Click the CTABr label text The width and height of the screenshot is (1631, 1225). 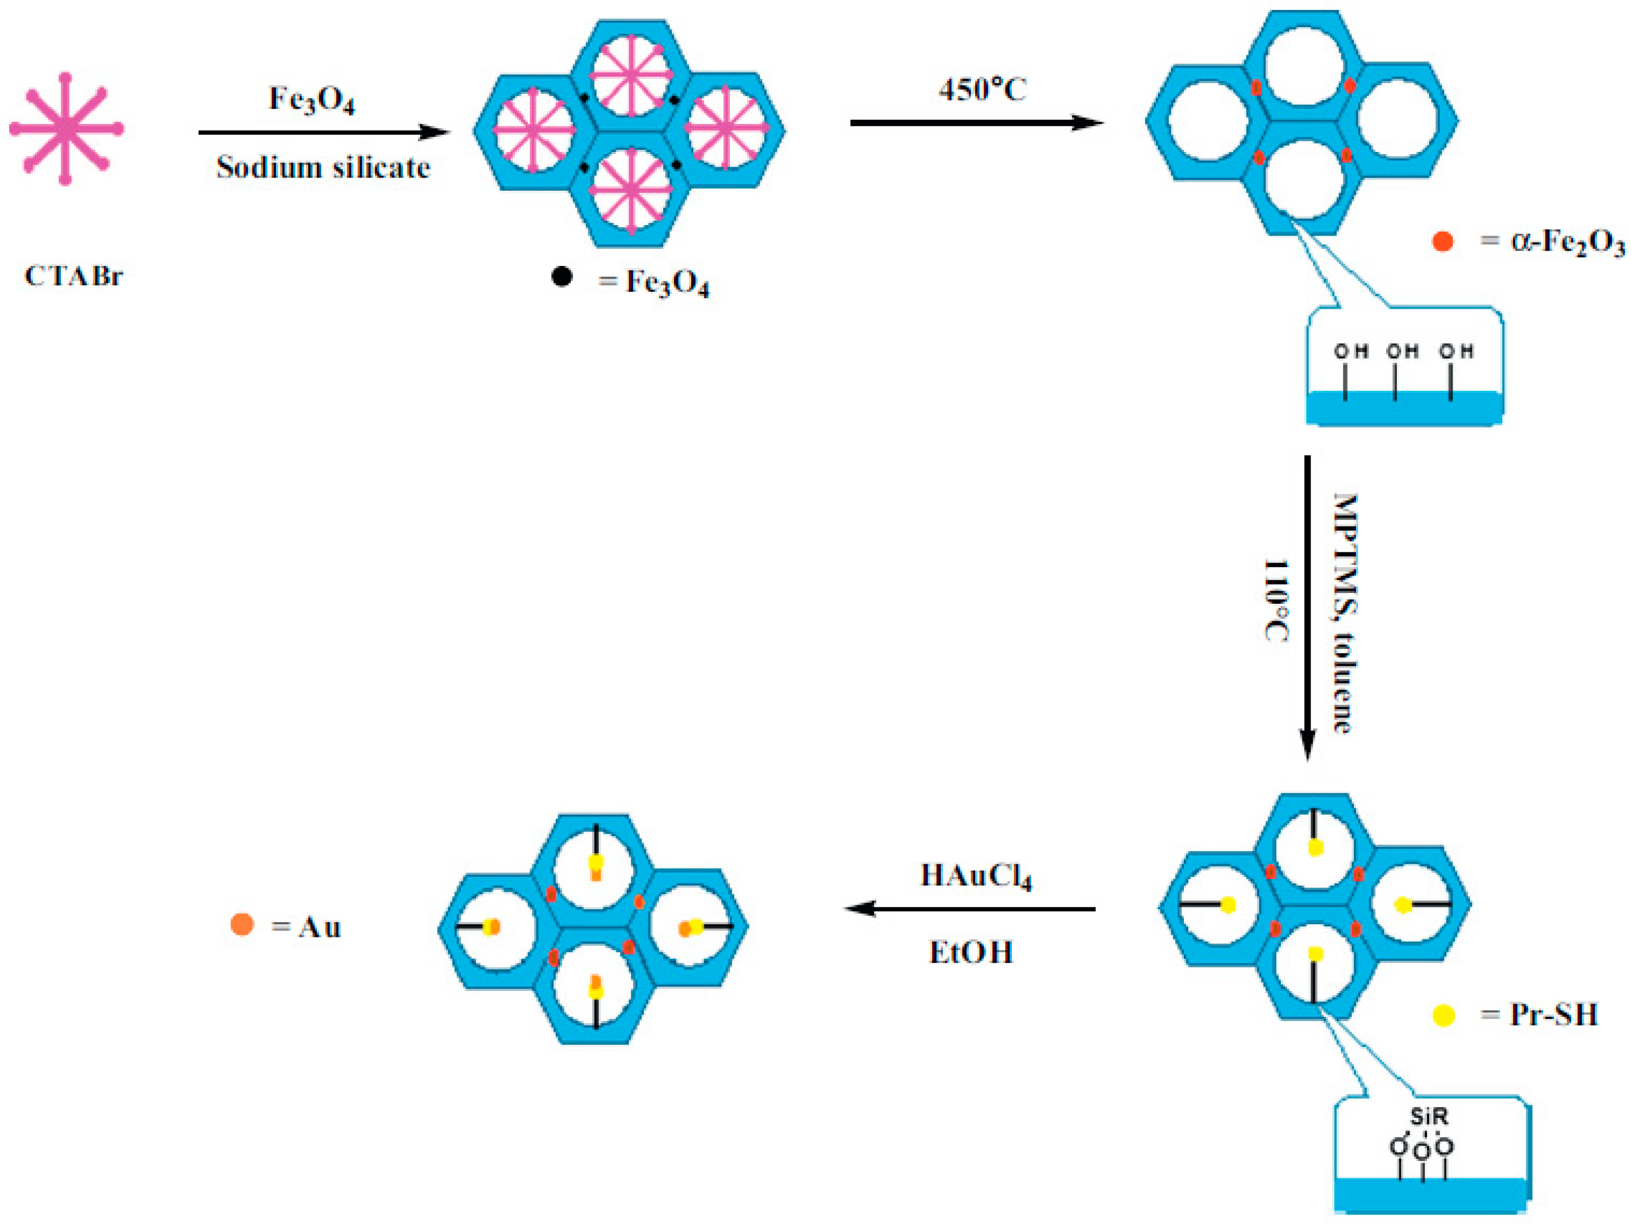tap(73, 276)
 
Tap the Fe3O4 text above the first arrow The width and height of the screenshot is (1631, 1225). tap(311, 100)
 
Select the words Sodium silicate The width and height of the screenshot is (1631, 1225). tap(323, 168)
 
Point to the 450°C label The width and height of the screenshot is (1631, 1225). tap(982, 90)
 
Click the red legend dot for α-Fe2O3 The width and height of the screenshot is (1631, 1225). tap(1442, 242)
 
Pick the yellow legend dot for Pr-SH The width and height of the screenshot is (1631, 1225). tap(1443, 1016)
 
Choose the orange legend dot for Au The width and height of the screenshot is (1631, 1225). tap(242, 924)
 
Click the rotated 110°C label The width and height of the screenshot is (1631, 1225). tap(1275, 601)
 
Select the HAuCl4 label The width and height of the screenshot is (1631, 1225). tap(976, 875)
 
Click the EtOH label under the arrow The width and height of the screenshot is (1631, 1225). tap(970, 952)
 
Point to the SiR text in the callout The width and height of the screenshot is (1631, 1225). tap(1429, 1116)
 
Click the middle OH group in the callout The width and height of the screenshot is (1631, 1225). tap(1402, 352)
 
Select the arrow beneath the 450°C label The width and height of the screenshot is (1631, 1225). tap(976, 122)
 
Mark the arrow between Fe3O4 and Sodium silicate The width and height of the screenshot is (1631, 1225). tap(323, 133)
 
